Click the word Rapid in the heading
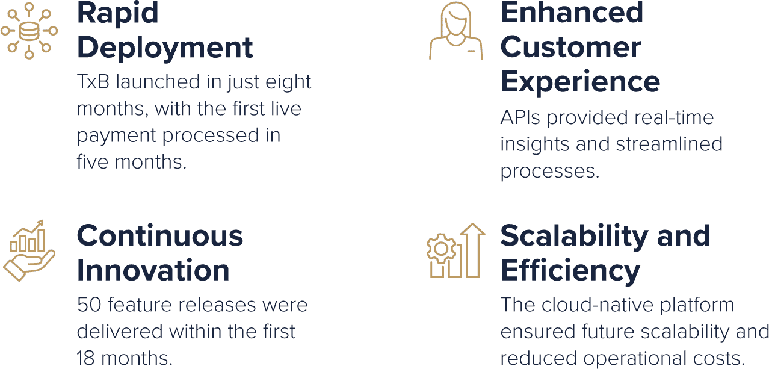tap(118, 14)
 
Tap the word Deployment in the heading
tap(165, 48)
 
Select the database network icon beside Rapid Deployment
tap(29, 31)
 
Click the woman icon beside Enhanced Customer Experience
tap(456, 31)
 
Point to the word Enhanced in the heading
tap(572, 13)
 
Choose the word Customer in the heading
tap(570, 47)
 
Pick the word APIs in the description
tap(520, 117)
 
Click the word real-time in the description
tap(674, 117)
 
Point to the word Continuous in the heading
tap(160, 236)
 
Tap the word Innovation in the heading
tap(153, 270)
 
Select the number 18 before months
tap(85, 358)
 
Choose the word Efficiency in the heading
tap(570, 271)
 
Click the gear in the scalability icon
tap(441, 248)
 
